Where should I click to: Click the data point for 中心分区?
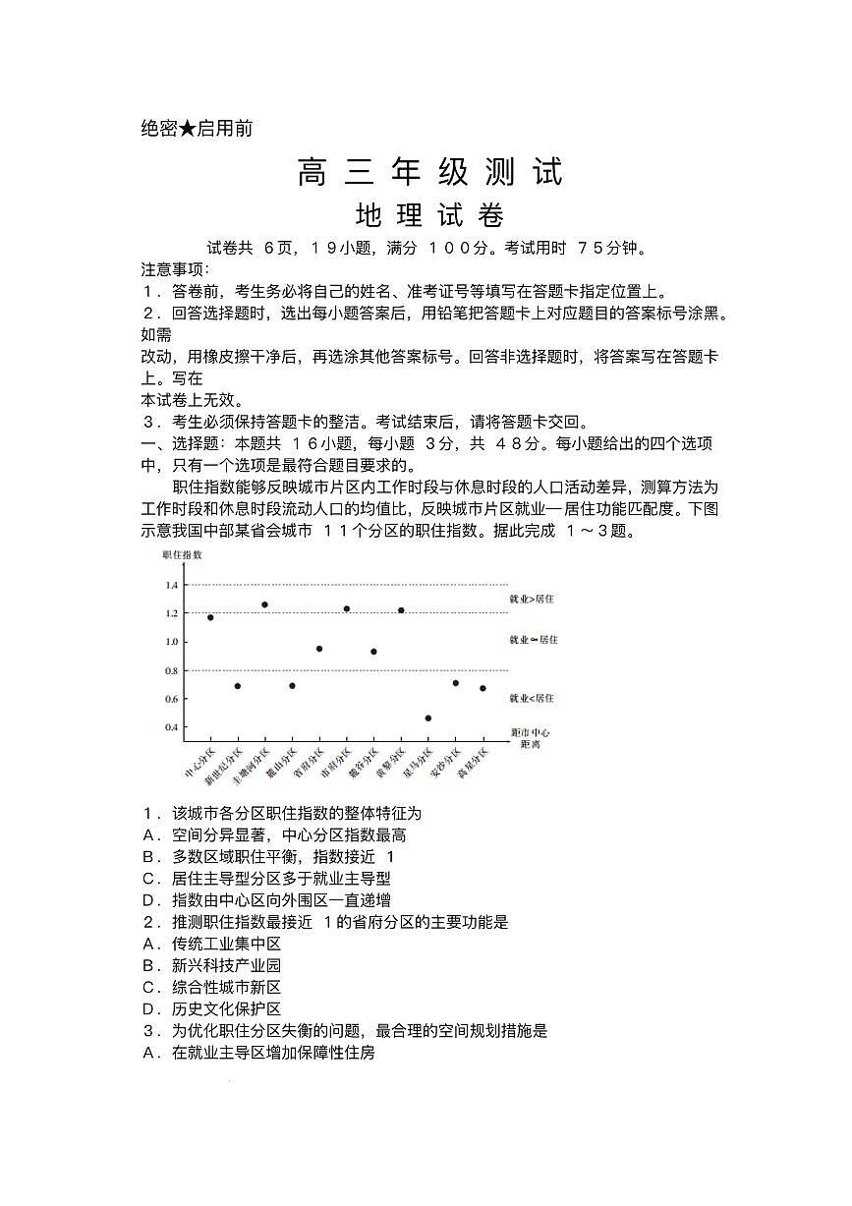pyautogui.click(x=210, y=617)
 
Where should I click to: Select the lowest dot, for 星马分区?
pyautogui.click(x=428, y=718)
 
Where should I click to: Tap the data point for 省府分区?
pyautogui.click(x=319, y=649)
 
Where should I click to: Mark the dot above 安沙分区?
pyautogui.click(x=455, y=683)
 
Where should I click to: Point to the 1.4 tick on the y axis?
pyautogui.click(x=172, y=585)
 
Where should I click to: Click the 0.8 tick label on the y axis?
pyautogui.click(x=172, y=670)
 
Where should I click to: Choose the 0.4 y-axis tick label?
pyautogui.click(x=172, y=727)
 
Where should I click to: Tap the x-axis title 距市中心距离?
pyautogui.click(x=531, y=738)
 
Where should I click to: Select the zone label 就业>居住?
pyautogui.click(x=532, y=599)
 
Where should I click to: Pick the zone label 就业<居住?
pyautogui.click(x=532, y=698)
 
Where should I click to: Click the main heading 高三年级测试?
pyautogui.click(x=430, y=172)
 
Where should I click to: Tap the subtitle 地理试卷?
pyautogui.click(x=429, y=215)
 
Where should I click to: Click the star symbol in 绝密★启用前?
pyautogui.click(x=188, y=129)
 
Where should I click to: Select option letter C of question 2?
pyautogui.click(x=149, y=988)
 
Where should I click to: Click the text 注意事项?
pyautogui.click(x=174, y=269)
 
